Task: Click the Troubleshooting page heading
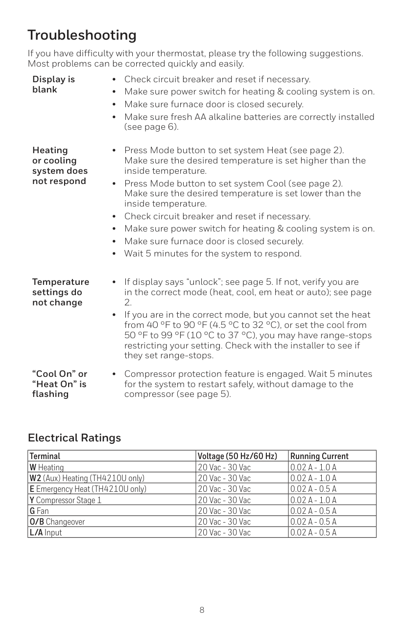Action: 82,35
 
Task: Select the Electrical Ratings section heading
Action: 74,438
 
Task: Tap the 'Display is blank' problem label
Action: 53,85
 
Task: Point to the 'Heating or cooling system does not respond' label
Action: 60,166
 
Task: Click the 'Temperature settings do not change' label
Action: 61,292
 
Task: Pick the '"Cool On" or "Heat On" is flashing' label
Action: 59,384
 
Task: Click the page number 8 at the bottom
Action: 202,610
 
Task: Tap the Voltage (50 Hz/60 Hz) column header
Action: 237,457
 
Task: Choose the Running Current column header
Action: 319,457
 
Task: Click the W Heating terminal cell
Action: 47,468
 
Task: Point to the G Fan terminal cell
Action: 39,511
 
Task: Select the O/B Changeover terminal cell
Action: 57,522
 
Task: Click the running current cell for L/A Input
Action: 313,532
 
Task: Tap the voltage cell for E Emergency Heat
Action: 224,489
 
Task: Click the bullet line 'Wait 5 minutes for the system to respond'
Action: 213,254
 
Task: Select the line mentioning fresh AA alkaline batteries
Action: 249,117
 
